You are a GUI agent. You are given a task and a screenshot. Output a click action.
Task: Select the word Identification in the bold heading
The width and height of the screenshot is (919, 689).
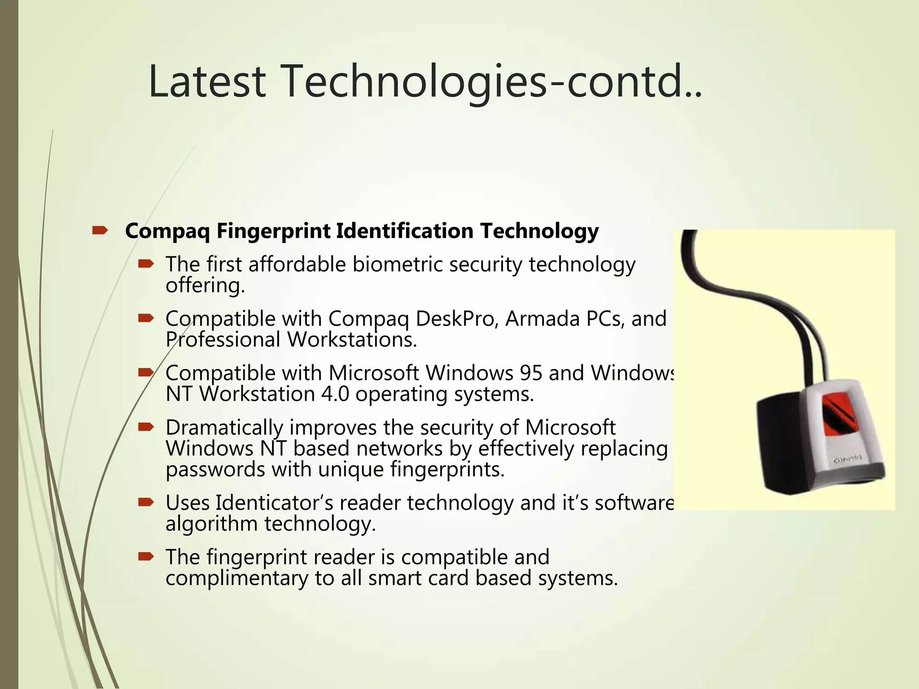tap(404, 231)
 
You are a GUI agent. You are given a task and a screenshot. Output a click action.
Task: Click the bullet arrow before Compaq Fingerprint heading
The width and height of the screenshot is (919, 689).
tap(99, 231)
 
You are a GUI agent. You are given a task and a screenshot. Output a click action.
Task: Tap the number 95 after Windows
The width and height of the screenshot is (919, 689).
tap(531, 373)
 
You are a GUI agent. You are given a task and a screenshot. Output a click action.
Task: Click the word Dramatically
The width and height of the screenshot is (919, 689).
tap(224, 428)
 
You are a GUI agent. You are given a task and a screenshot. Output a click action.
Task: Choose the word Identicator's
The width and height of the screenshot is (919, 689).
tap(274, 503)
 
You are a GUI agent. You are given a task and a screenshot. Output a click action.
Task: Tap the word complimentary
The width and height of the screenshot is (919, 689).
tap(237, 579)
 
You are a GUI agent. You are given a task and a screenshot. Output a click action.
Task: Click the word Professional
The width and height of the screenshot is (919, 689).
tap(223, 340)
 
